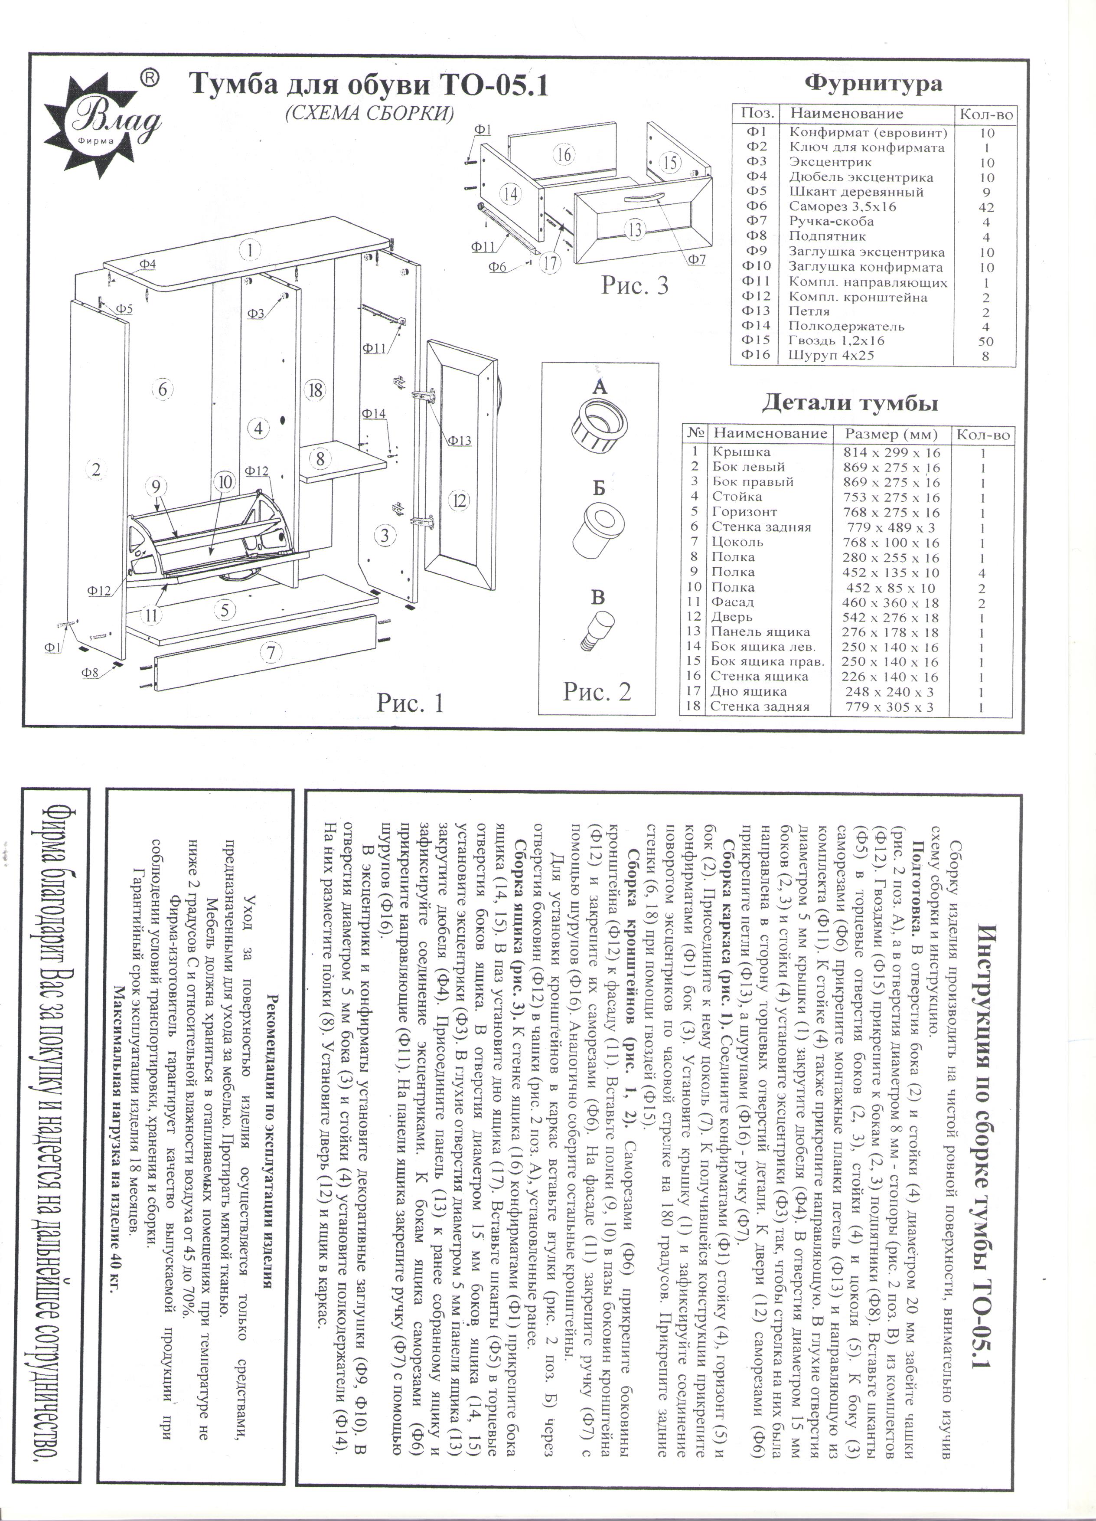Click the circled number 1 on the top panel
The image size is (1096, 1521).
coord(249,250)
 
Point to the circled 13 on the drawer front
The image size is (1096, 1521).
coord(634,229)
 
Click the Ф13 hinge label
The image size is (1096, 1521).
coord(460,441)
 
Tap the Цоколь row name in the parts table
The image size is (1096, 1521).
coord(737,542)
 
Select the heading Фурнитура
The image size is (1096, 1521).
coord(873,84)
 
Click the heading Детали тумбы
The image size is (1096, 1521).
coord(849,404)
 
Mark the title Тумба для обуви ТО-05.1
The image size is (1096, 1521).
coord(368,86)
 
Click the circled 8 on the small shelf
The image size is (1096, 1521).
coord(320,459)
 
